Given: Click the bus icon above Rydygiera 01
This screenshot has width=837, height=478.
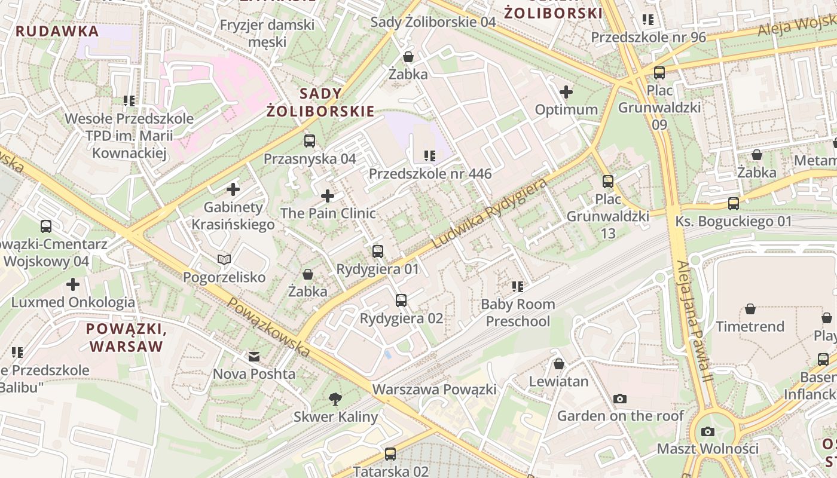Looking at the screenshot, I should click(x=377, y=251).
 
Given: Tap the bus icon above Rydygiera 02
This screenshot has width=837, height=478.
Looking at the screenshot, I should click(x=401, y=301).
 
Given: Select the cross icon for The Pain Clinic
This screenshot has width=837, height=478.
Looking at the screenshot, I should click(x=328, y=195).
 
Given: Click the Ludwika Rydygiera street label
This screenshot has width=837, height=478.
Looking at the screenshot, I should click(x=490, y=213).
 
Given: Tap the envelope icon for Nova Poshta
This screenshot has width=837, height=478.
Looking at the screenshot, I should click(x=254, y=357).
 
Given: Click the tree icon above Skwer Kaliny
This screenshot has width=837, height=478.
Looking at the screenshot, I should click(x=335, y=399).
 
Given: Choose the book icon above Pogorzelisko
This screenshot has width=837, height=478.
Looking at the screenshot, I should click(x=224, y=259).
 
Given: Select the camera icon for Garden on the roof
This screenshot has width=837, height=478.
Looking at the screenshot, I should click(x=620, y=398).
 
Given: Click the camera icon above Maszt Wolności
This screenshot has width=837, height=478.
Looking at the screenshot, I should click(x=708, y=431).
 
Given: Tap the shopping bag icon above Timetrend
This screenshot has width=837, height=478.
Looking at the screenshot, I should click(x=750, y=309).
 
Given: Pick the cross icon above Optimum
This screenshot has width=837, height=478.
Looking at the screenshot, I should click(x=566, y=92).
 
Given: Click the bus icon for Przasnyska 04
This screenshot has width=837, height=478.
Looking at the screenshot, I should click(x=309, y=141).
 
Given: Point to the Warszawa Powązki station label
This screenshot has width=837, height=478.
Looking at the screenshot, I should click(x=435, y=390).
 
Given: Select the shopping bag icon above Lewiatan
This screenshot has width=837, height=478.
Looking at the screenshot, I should click(x=559, y=363).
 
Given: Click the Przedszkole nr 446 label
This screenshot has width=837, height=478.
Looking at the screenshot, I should click(x=430, y=174).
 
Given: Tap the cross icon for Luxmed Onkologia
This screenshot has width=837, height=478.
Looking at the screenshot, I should click(x=73, y=284).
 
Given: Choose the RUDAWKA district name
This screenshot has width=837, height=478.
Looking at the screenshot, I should click(x=57, y=31).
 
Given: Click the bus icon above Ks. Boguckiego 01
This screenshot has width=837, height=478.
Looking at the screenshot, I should click(x=734, y=204).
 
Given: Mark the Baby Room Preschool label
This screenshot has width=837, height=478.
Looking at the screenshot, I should click(x=518, y=312).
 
